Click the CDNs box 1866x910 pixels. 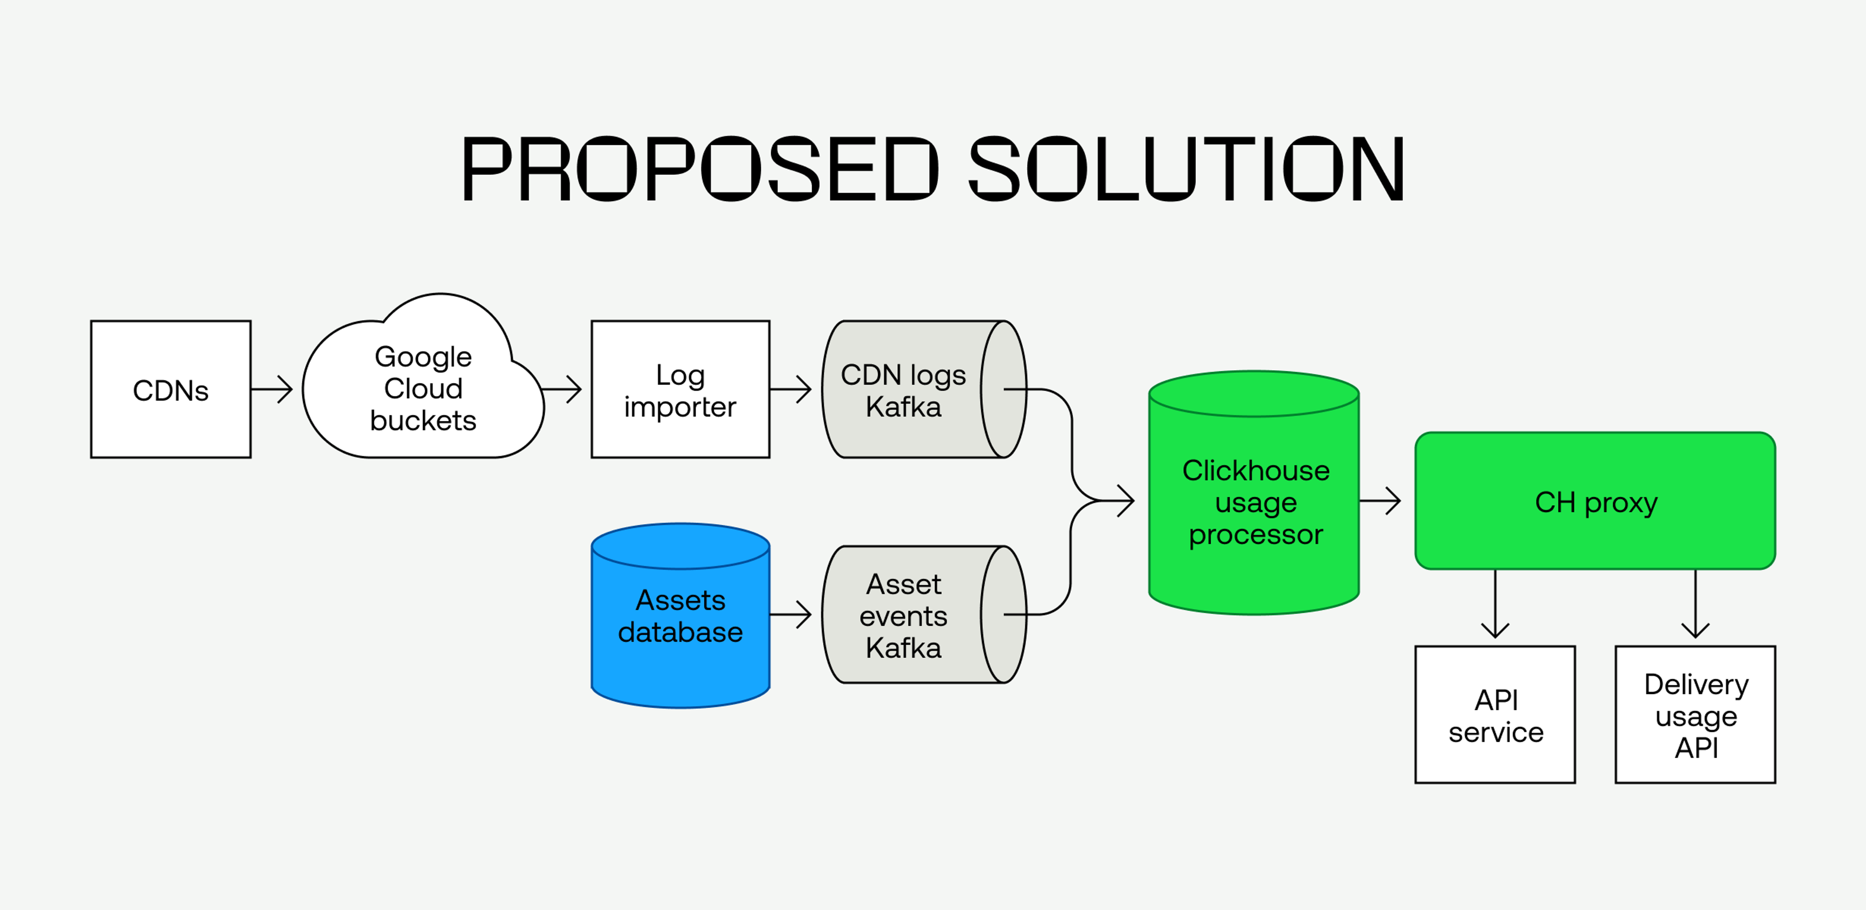[x=171, y=390]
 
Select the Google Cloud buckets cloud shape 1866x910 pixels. [x=423, y=389]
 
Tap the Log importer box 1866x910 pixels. [x=680, y=390]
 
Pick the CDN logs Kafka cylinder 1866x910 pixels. [x=905, y=390]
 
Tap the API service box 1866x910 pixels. [x=1495, y=715]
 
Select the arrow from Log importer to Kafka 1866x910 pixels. [x=791, y=390]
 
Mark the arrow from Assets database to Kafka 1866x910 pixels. [x=791, y=615]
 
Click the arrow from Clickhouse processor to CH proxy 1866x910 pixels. [x=1381, y=500]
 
